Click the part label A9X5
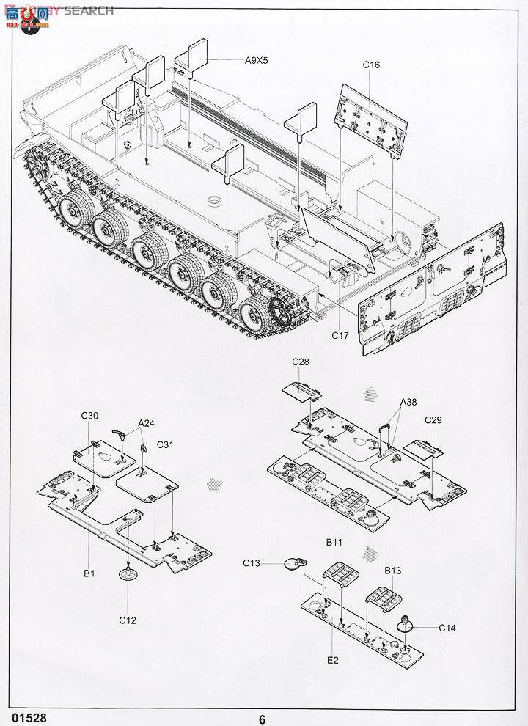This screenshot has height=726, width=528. click(257, 61)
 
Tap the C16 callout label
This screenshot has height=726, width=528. click(371, 65)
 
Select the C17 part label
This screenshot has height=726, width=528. click(339, 336)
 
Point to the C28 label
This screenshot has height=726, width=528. click(301, 362)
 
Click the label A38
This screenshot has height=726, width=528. click(409, 403)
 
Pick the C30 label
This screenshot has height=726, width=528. click(89, 416)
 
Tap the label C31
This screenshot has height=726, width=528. click(164, 445)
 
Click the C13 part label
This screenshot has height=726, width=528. click(252, 562)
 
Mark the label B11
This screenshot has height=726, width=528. click(334, 543)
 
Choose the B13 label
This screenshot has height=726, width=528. click(393, 569)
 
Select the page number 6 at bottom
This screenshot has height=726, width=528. click(262, 719)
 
